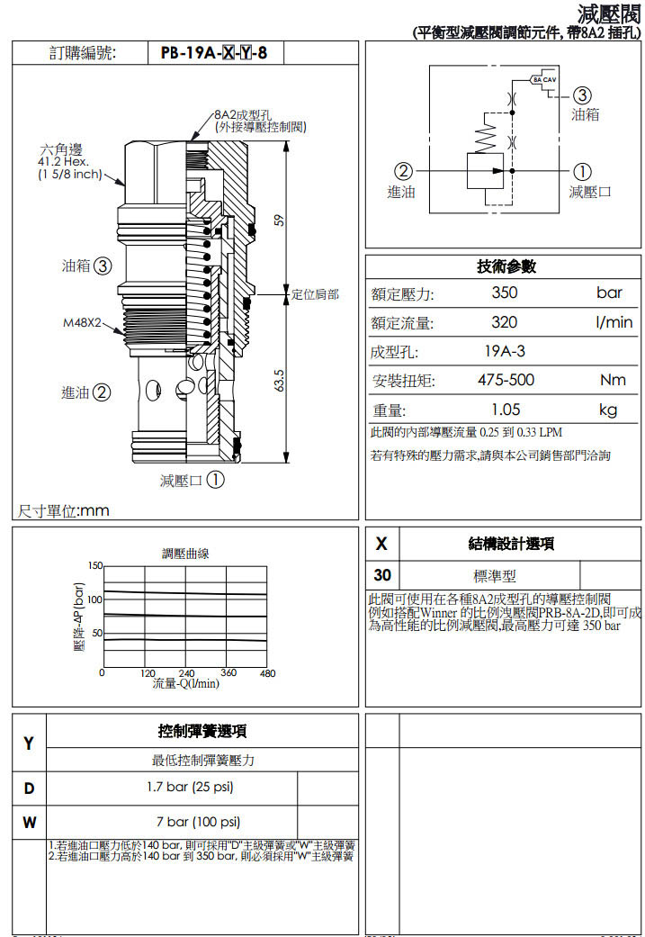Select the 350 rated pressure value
(504, 293)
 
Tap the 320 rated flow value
(504, 322)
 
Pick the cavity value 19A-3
(505, 352)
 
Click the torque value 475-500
(506, 381)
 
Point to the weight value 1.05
(505, 410)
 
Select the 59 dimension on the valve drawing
(281, 219)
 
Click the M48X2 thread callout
(82, 321)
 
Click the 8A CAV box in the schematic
(544, 79)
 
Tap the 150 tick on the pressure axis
(94, 565)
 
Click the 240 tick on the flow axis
(186, 673)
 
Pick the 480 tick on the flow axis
(267, 673)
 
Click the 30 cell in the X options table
(382, 575)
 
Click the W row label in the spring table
(29, 822)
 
